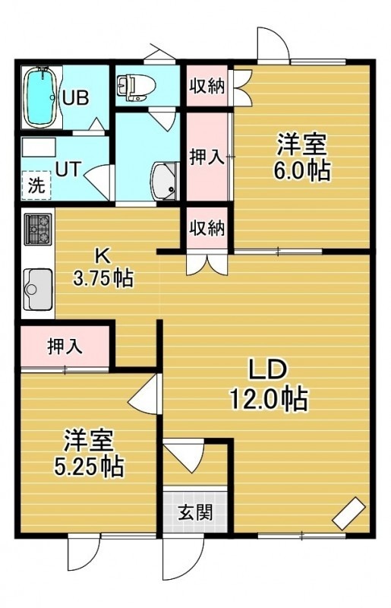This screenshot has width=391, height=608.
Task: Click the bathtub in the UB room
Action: tap(40, 97)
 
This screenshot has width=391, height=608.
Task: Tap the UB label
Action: tap(76, 98)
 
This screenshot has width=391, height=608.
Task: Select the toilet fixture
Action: tap(135, 87)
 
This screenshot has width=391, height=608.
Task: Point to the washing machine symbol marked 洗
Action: tap(36, 185)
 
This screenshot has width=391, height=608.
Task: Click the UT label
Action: tap(68, 169)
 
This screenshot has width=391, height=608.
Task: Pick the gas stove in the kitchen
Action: tap(38, 229)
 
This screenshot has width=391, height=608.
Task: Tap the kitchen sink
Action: tap(38, 290)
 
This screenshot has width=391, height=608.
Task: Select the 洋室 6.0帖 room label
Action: tap(302, 157)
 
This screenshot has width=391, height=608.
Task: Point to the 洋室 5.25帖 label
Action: tap(89, 452)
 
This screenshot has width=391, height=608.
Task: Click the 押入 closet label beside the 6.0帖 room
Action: tap(207, 157)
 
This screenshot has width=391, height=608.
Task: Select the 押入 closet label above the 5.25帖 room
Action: tap(65, 346)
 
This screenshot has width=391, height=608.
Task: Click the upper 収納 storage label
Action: tap(207, 86)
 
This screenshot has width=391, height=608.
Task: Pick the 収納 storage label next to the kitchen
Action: tap(207, 227)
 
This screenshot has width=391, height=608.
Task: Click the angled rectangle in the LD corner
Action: tap(348, 513)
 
